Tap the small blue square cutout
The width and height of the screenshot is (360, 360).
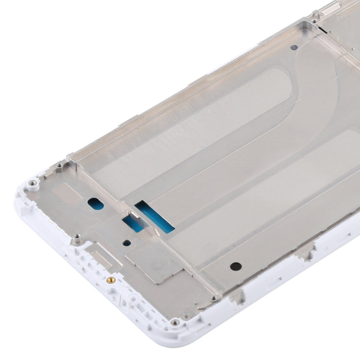(x=132, y=224)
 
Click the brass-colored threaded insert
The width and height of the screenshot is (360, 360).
(x=110, y=279)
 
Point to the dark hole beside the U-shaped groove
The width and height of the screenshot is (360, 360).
(x=294, y=48)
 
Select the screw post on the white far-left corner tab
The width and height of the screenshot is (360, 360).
(x=32, y=183)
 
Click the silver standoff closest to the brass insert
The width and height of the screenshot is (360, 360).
(x=76, y=237)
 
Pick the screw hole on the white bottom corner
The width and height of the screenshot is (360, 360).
(x=175, y=322)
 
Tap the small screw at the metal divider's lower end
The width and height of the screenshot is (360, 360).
(x=215, y=298)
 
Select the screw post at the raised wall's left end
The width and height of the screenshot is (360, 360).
(x=59, y=166)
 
